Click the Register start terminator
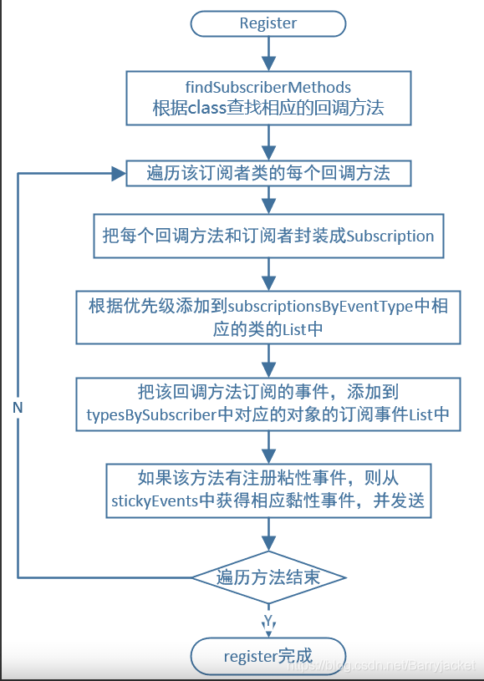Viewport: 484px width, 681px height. coord(267,23)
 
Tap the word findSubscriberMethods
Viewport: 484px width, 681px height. coord(267,87)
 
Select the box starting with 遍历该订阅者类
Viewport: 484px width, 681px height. coord(267,174)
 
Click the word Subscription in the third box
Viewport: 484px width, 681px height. coord(390,236)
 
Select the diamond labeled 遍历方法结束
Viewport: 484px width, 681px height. coord(267,577)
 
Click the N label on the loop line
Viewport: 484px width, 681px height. coord(18,407)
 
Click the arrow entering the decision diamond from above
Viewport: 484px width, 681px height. coord(267,535)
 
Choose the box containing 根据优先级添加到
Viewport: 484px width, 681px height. coord(267,318)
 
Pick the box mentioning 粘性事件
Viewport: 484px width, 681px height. coord(267,490)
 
